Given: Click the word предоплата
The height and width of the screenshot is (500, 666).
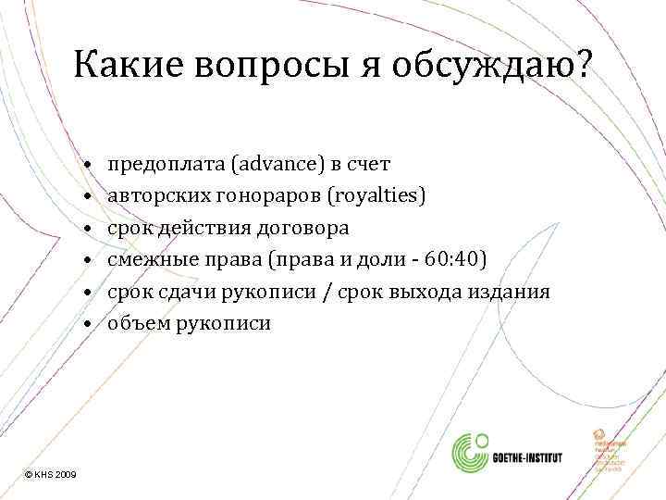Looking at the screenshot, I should point(166,165).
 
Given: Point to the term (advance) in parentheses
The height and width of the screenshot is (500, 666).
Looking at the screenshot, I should point(277,165).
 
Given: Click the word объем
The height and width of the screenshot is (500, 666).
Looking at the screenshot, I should point(135,323).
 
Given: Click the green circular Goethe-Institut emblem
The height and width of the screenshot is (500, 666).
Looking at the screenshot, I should point(470,455).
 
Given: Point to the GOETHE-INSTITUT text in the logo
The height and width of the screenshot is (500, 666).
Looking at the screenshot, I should point(536,456).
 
